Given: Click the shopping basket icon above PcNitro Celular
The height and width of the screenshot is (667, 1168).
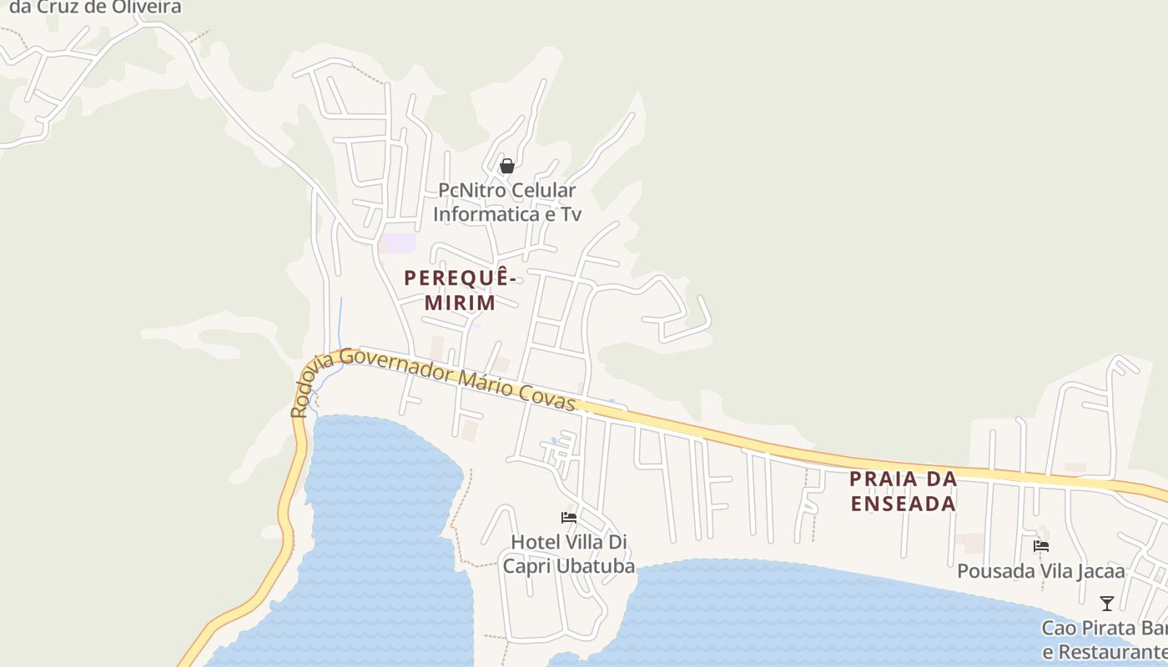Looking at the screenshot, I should click(506, 166).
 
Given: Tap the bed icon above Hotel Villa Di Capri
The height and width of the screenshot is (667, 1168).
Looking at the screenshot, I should click(569, 518).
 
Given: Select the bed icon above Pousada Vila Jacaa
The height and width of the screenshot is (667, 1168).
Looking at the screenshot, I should click(1041, 546).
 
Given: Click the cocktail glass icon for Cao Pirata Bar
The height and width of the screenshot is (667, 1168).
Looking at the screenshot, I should click(1107, 603).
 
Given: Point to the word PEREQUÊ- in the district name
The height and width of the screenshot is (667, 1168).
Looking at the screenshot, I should click(461, 278).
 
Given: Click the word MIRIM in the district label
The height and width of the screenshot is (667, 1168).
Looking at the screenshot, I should click(461, 303).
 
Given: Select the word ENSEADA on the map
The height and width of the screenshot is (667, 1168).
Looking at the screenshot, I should click(904, 504).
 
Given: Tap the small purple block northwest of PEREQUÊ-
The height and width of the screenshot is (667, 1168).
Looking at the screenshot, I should click(399, 243).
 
